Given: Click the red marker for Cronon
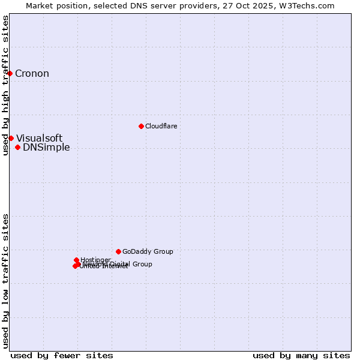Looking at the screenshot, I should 10,73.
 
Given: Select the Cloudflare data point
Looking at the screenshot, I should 141,126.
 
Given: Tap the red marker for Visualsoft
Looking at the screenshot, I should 11,138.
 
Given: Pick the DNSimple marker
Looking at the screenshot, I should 17,147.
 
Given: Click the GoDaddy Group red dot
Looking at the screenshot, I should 118,251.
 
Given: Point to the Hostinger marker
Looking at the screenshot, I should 76,260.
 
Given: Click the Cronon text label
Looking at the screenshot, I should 32,74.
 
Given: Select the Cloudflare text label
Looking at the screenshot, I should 161,126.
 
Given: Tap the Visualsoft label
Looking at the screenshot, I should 39,139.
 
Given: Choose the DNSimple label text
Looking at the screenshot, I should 46,148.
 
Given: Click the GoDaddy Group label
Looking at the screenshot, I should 147,252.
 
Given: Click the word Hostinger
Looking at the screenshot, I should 95,260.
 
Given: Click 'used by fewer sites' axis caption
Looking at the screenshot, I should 62,355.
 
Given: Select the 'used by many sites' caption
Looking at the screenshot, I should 301,355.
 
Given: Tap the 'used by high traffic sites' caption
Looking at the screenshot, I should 5,85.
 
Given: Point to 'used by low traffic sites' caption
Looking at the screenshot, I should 5,280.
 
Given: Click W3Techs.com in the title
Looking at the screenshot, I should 308,5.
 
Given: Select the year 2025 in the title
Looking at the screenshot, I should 268,5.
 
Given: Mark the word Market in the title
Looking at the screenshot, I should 40,5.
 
